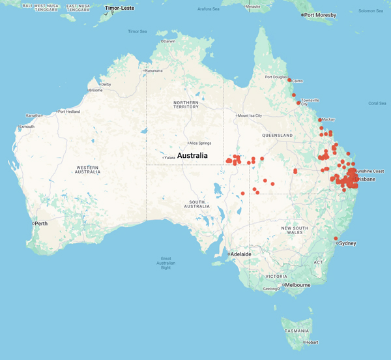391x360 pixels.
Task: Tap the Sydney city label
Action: click(347, 243)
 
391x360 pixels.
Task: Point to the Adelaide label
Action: click(239, 254)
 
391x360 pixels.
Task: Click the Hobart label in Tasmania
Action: click(312, 342)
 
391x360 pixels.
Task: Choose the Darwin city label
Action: click(169, 41)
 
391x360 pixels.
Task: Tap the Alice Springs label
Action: click(197, 143)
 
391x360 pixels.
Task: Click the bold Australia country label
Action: click(192, 156)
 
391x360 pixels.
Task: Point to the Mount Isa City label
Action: click(250, 115)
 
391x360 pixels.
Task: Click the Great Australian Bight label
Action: click(166, 263)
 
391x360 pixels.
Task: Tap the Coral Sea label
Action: click(377, 103)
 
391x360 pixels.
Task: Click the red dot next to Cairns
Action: click(290, 80)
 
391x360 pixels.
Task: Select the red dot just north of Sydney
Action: click(336, 238)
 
